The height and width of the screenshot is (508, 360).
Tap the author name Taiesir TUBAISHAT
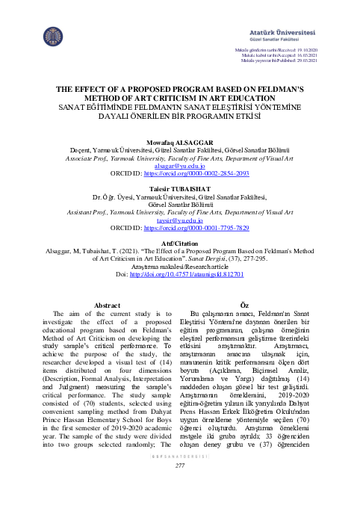click(179, 188)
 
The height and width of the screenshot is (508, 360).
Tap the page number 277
click(179, 487)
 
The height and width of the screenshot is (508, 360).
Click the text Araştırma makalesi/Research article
click(179, 265)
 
